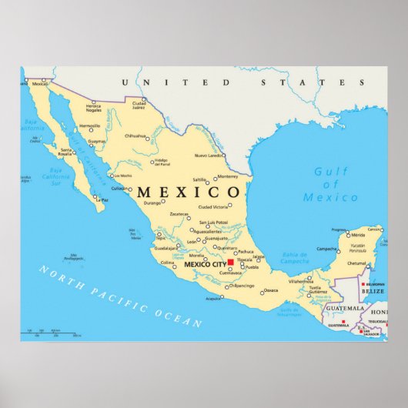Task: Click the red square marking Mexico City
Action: (231, 263)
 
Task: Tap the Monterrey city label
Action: (228, 176)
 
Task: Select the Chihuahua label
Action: (135, 136)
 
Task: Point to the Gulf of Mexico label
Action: (330, 185)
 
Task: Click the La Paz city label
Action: (104, 200)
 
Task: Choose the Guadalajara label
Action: (165, 249)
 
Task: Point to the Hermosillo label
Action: (89, 125)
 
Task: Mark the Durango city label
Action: (152, 202)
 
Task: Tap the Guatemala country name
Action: (343, 308)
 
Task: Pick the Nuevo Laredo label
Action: (208, 156)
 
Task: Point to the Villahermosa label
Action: (300, 282)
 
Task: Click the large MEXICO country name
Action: (188, 192)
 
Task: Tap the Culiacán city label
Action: (119, 188)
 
